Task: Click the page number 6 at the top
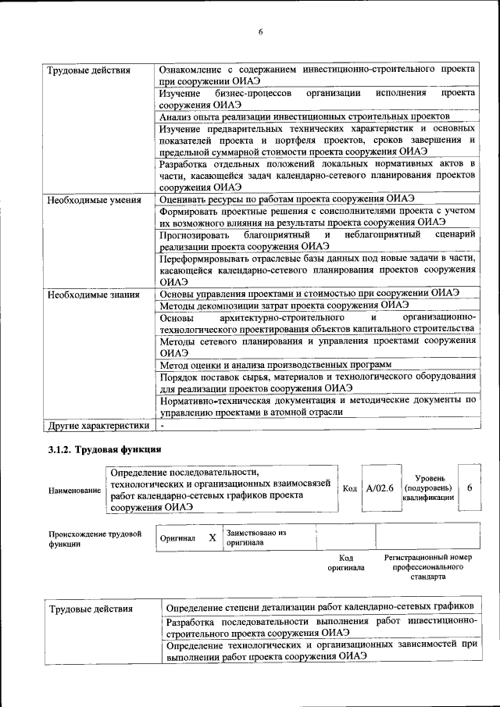[260, 32]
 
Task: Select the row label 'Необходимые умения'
[94, 199]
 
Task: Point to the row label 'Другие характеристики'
[98, 426]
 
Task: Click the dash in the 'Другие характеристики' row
[162, 426]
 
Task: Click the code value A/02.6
[379, 488]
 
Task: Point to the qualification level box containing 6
[469, 487]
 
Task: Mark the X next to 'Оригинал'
[212, 538]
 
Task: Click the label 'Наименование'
[74, 490]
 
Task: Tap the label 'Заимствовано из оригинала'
[255, 537]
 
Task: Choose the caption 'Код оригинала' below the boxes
[346, 563]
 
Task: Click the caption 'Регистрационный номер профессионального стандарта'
[429, 567]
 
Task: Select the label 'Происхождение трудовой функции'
[95, 539]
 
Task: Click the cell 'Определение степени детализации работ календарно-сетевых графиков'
[321, 607]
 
